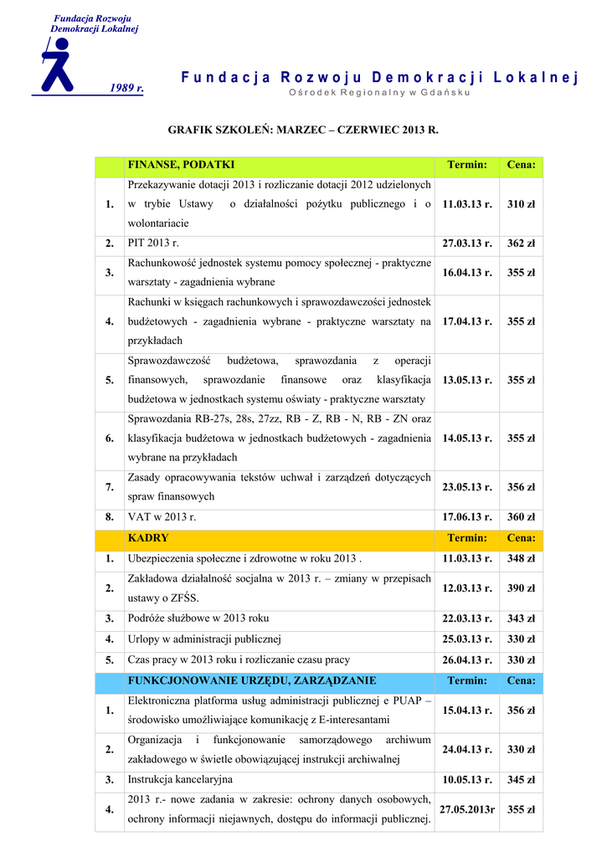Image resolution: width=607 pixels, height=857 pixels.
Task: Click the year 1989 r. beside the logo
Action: coord(127,88)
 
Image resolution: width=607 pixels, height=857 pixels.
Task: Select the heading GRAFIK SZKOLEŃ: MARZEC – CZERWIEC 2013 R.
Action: coord(303,131)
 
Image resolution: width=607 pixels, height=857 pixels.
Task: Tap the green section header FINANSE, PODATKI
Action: coord(181,165)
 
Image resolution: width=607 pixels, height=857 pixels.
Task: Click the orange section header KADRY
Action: coord(148,538)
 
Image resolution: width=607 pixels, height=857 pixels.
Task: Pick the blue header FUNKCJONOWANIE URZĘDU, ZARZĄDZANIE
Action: coord(251,680)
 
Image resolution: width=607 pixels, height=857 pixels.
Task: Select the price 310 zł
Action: coord(521,204)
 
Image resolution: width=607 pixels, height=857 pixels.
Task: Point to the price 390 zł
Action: coord(521,588)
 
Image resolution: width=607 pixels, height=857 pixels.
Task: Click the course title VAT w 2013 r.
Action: coord(162,518)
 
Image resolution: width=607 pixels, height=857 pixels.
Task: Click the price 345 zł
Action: coord(521,780)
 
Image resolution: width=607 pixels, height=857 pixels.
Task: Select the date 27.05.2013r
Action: coord(467,810)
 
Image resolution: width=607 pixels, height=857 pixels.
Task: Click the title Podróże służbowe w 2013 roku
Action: coord(198,618)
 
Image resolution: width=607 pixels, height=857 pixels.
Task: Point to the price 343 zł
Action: coord(521,618)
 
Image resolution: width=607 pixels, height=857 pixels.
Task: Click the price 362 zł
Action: coord(521,244)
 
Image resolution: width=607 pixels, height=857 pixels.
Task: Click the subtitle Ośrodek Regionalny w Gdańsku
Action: coord(379,92)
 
